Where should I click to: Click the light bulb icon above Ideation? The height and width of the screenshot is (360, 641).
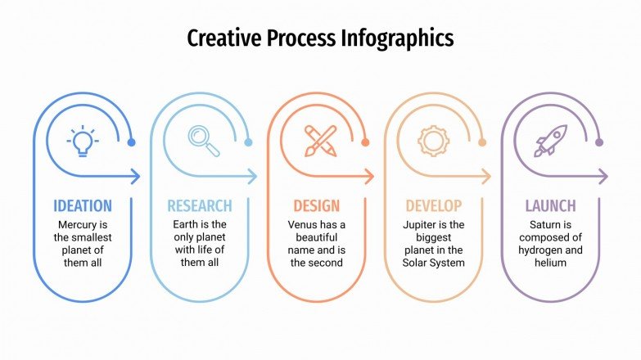point(83,141)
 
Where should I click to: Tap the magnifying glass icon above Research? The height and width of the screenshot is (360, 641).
point(204,140)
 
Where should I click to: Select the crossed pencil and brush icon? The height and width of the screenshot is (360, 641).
point(320,141)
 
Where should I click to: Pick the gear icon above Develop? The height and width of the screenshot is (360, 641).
point(433,141)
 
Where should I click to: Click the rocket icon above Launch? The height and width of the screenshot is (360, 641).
point(550,141)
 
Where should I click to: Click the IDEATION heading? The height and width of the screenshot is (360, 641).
point(83,205)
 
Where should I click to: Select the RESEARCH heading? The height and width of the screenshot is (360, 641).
point(200,205)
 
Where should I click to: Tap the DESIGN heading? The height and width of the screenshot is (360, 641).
point(316,205)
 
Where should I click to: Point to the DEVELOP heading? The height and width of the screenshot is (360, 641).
point(433,205)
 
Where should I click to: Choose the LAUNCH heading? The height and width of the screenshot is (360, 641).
point(550,205)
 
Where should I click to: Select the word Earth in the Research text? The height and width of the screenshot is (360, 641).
point(187,224)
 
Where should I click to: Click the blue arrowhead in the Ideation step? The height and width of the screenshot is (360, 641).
point(136,176)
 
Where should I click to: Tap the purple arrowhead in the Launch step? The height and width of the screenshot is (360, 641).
point(603,176)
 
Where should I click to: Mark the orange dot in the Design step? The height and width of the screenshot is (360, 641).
point(365,142)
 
